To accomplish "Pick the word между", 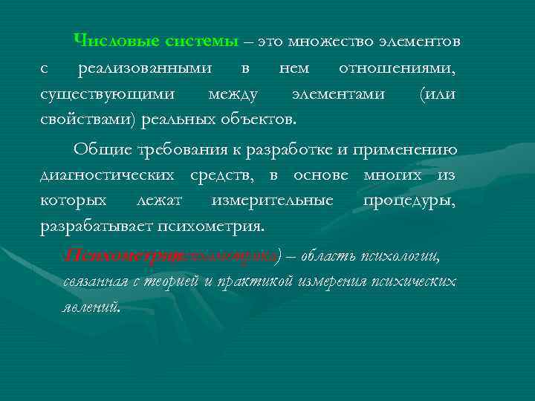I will [233, 94].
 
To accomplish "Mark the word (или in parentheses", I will [438, 94].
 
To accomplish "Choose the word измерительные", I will [273, 200].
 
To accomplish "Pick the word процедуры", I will [409, 200].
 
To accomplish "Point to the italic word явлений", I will [91, 307].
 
